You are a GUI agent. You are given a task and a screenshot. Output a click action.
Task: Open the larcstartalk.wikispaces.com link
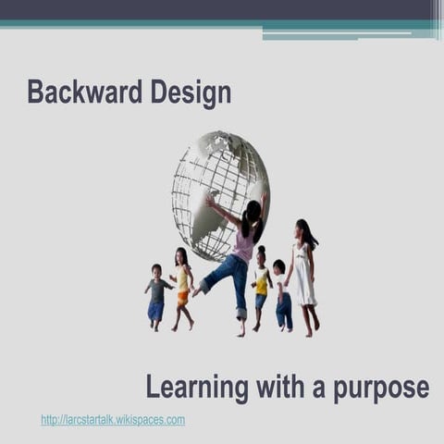tap(113, 420)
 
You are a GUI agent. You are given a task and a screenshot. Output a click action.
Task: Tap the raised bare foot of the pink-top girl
tap(196, 290)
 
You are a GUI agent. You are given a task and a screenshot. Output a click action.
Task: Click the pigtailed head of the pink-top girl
tap(252, 213)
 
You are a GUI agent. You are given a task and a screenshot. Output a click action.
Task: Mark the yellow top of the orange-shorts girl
tap(183, 277)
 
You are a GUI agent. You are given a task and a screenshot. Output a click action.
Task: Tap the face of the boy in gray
tap(155, 271)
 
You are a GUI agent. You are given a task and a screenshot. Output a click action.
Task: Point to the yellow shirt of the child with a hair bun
tap(262, 280)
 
